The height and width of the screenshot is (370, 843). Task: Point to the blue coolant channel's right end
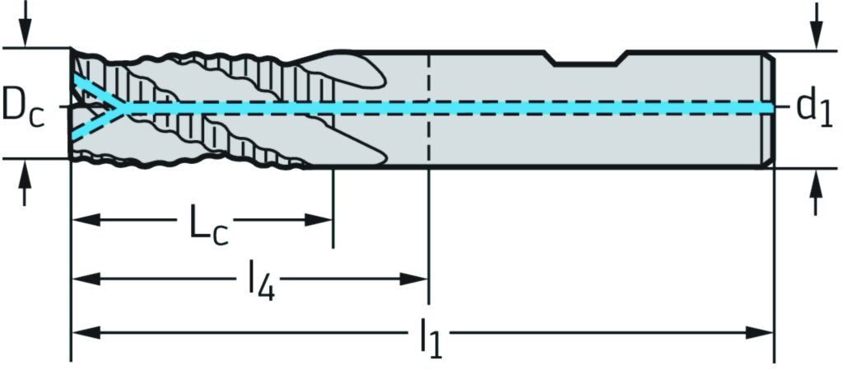point(769,108)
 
